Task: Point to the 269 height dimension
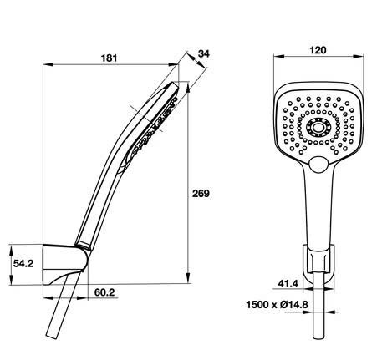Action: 201,194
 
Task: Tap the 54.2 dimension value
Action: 23,262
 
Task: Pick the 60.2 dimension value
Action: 104,293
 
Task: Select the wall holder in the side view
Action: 65,264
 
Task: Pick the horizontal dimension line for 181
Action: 84,65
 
